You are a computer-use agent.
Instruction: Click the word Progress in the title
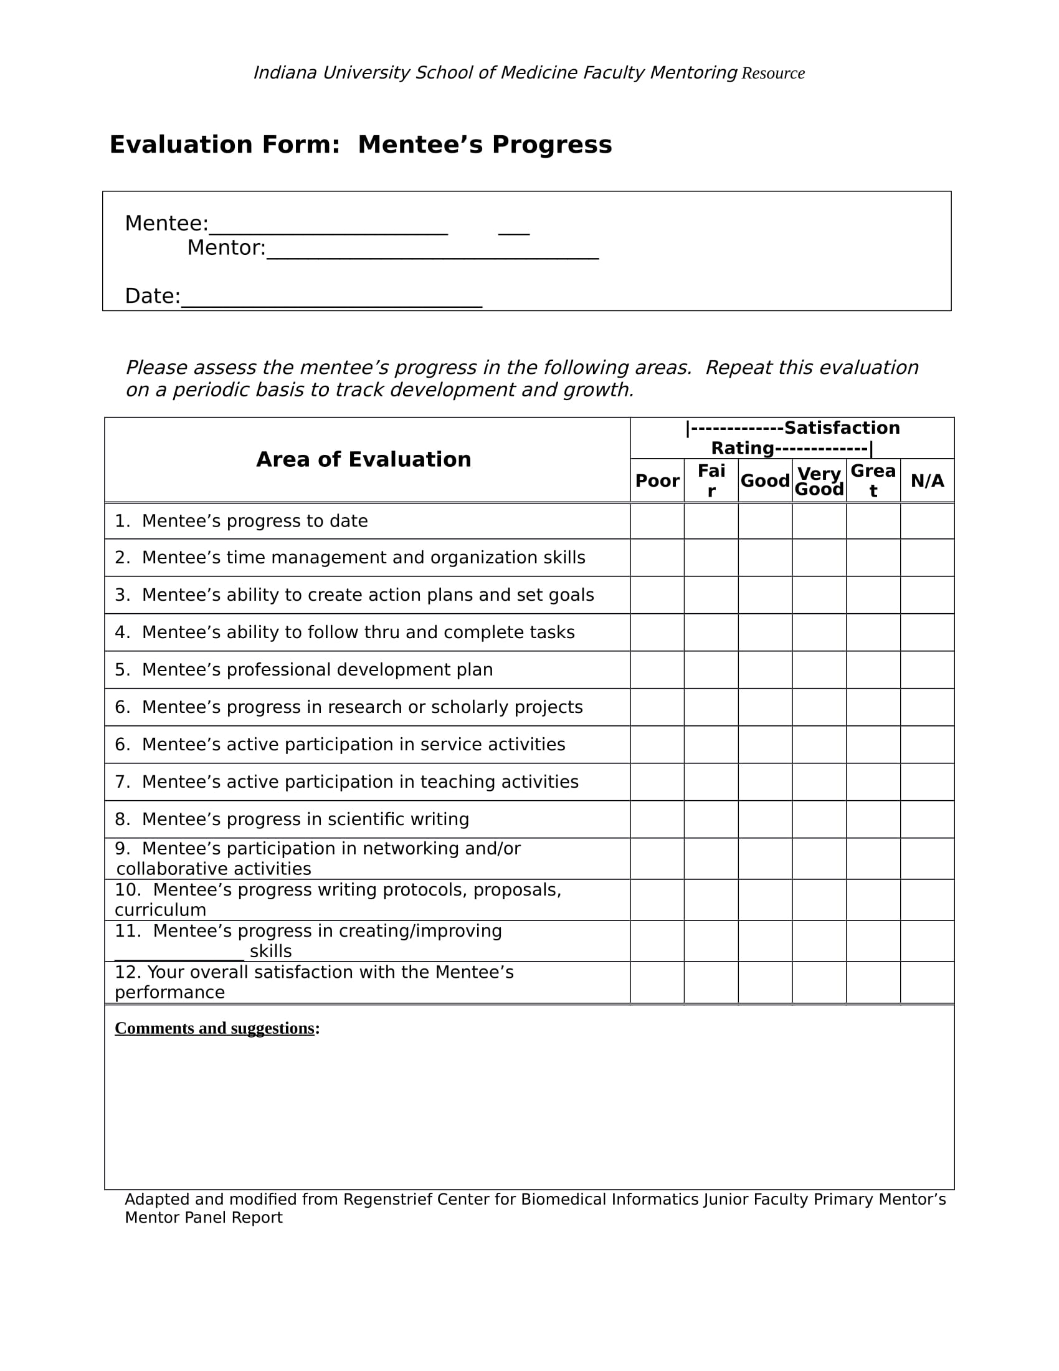pos(551,145)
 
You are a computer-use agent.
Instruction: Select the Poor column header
pos(657,481)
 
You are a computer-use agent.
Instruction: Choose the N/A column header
pos(927,481)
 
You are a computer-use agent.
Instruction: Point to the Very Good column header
pos(819,481)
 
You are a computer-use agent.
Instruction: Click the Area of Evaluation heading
pos(363,459)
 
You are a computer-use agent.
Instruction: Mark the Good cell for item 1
pos(765,521)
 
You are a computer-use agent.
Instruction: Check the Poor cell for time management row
pos(657,558)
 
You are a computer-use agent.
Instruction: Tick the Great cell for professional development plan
pos(873,670)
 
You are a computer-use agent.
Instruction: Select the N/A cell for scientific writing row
pos(927,819)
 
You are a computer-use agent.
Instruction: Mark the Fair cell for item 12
pos(711,982)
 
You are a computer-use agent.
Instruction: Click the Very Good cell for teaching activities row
pos(819,782)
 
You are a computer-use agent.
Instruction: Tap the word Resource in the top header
pos(773,74)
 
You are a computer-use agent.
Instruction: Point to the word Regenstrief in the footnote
pos(387,1200)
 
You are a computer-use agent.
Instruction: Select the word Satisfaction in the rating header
pos(842,428)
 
